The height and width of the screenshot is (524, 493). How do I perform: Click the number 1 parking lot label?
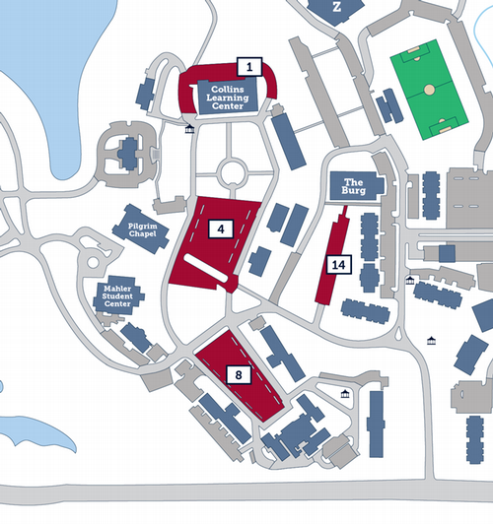point(249,67)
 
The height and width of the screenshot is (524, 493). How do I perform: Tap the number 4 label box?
point(222,229)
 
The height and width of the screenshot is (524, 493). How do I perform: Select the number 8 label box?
point(238,374)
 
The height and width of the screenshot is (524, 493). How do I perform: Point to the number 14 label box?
point(338,264)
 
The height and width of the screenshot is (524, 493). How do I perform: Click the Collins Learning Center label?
point(228,97)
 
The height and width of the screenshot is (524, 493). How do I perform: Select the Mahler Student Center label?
point(118,296)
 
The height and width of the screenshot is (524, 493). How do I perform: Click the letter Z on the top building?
point(336,6)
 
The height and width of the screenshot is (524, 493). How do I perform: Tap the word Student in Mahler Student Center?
point(118,296)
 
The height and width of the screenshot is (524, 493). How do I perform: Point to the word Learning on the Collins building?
point(228,97)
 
